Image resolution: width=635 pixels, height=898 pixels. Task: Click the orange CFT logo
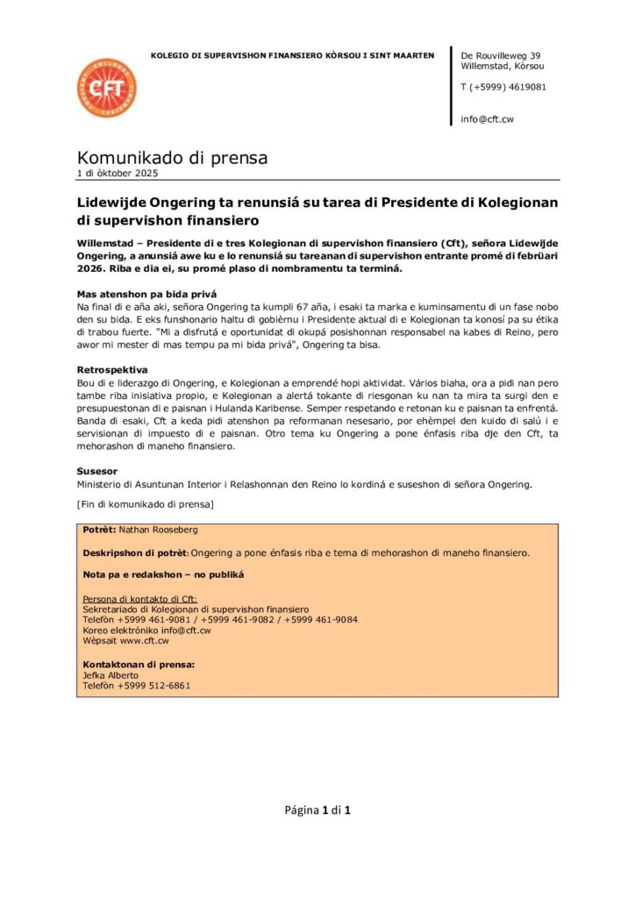[x=106, y=89]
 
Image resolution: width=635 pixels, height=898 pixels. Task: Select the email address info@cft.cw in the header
[x=488, y=118]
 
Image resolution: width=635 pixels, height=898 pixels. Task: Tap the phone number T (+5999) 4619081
[x=503, y=87]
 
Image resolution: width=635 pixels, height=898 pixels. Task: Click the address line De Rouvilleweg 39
[x=500, y=55]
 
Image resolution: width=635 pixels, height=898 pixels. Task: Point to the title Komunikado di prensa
[x=172, y=158]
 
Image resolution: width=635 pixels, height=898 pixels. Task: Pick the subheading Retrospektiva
[x=111, y=370]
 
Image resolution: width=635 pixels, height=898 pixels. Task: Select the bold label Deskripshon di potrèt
[x=134, y=552]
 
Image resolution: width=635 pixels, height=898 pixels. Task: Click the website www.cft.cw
[x=144, y=641]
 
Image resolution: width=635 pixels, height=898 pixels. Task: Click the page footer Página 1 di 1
[x=317, y=809]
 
